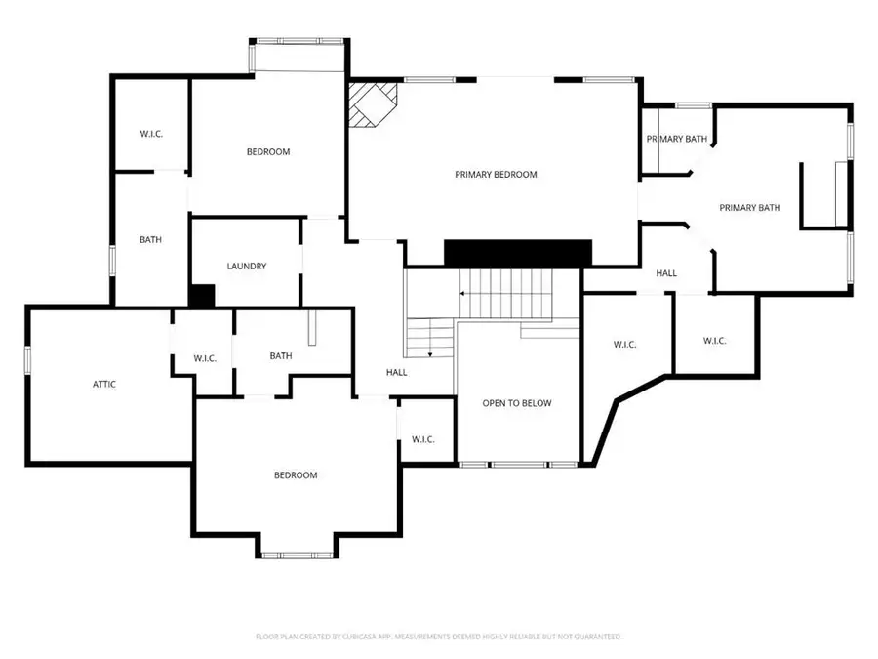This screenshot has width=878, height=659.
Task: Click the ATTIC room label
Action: point(104,384)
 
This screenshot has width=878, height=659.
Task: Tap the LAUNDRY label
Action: point(247,266)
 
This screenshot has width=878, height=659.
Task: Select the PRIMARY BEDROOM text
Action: point(496,175)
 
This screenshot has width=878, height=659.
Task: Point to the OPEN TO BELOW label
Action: point(517,403)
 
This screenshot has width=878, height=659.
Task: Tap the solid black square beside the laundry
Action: point(202,296)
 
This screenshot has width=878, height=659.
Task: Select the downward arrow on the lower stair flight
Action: point(430,352)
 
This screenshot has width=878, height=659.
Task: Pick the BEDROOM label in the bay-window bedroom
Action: point(295,475)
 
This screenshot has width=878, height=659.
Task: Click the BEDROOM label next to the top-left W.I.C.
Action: point(267,151)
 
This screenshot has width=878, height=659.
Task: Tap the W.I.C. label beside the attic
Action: point(205,358)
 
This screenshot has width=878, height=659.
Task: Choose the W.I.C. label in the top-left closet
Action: point(151,134)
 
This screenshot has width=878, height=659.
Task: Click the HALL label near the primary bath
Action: point(666,273)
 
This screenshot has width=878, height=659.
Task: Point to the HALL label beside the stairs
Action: point(397,372)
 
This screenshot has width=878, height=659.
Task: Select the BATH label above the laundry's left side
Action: point(150,239)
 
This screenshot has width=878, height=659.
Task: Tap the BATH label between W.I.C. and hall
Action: point(281,355)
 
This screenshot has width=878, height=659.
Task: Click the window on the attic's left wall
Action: point(28,359)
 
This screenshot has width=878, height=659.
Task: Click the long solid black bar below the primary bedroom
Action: point(518,252)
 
